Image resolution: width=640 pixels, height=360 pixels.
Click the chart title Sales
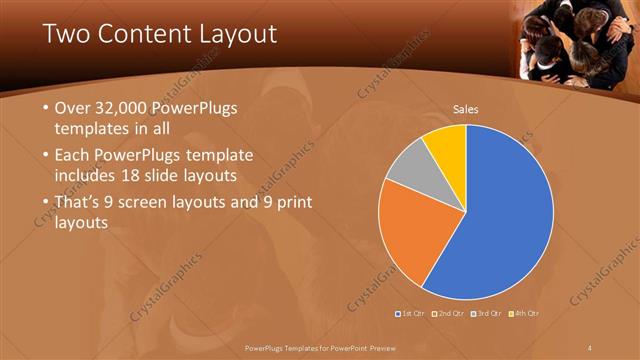click(x=466, y=109)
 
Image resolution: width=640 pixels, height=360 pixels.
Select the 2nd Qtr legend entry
click(x=449, y=314)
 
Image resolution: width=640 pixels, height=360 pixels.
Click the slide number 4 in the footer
click(x=590, y=346)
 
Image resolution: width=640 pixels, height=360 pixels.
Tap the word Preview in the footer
click(x=393, y=346)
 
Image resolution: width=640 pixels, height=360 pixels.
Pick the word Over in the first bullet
click(x=73, y=109)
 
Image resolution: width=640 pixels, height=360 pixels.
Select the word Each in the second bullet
click(x=72, y=156)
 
